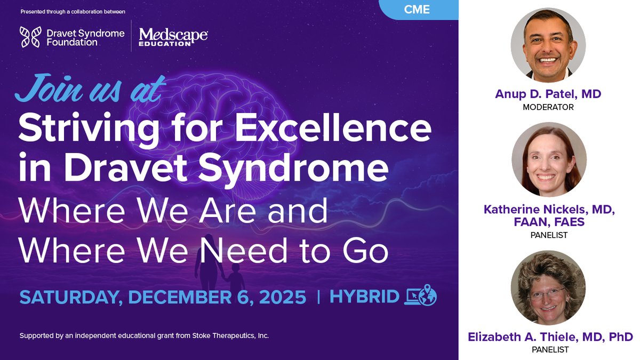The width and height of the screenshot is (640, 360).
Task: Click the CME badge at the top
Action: [421, 10]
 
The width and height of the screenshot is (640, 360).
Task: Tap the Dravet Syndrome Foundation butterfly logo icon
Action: [29, 37]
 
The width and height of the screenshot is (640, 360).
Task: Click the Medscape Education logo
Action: [173, 37]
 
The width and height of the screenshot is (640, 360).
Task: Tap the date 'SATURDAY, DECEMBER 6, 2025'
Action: [163, 297]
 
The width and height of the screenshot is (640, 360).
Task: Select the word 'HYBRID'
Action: [365, 297]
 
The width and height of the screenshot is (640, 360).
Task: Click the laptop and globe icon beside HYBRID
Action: [421, 296]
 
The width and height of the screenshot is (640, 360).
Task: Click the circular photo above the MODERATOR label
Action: [548, 45]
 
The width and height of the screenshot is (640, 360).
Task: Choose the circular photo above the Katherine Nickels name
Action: [549, 160]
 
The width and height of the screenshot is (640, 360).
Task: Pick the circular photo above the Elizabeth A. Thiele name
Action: [548, 289]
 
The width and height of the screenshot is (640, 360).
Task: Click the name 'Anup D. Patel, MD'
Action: [549, 94]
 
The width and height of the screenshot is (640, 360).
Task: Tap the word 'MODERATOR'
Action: [549, 107]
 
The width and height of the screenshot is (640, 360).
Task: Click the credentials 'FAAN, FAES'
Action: [549, 222]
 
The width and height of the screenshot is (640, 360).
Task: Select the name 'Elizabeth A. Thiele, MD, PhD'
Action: [550, 337]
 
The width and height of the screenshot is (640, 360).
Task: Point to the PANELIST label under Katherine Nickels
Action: [549, 235]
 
